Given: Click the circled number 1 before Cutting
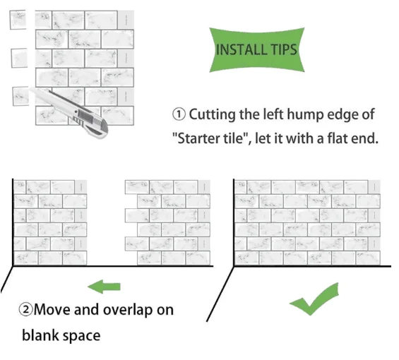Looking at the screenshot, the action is click(179, 114).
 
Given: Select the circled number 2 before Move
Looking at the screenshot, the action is click(26, 310).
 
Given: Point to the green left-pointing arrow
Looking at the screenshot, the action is click(104, 287).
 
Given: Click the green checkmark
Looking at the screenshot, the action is click(314, 299).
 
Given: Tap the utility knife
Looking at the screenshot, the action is click(69, 112).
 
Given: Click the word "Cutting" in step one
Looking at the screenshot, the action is click(213, 115).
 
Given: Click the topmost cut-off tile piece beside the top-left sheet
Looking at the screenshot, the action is click(18, 20).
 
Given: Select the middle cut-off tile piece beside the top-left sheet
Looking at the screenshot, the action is click(19, 58).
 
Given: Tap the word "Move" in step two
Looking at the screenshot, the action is click(52, 310).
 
